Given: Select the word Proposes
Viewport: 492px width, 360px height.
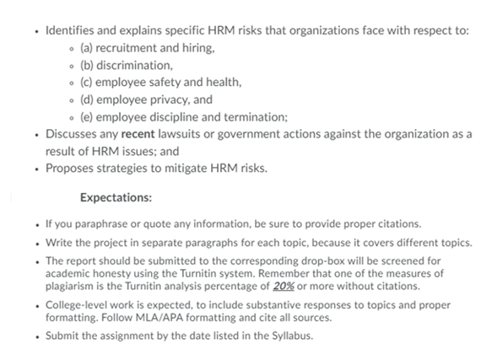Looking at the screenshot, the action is [x=69, y=169].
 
